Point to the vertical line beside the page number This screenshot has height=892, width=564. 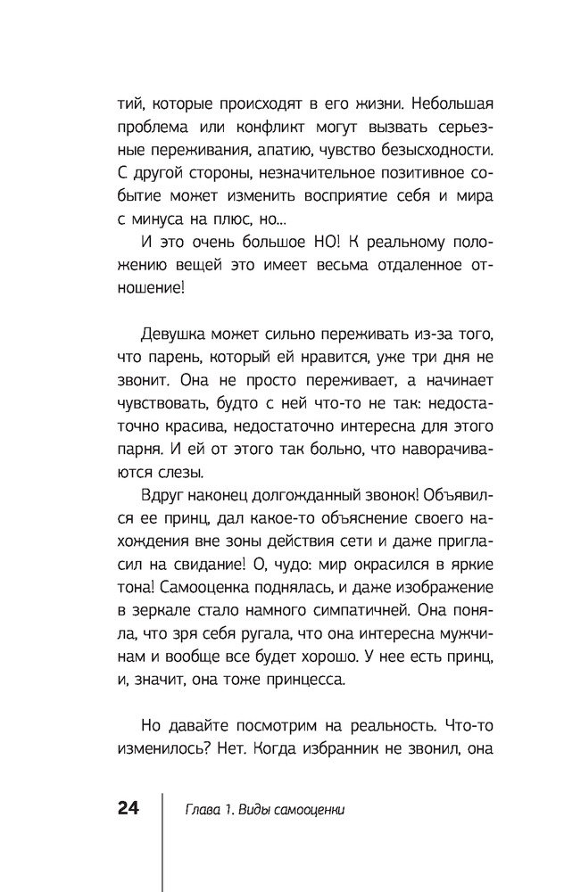click(x=162, y=838)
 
